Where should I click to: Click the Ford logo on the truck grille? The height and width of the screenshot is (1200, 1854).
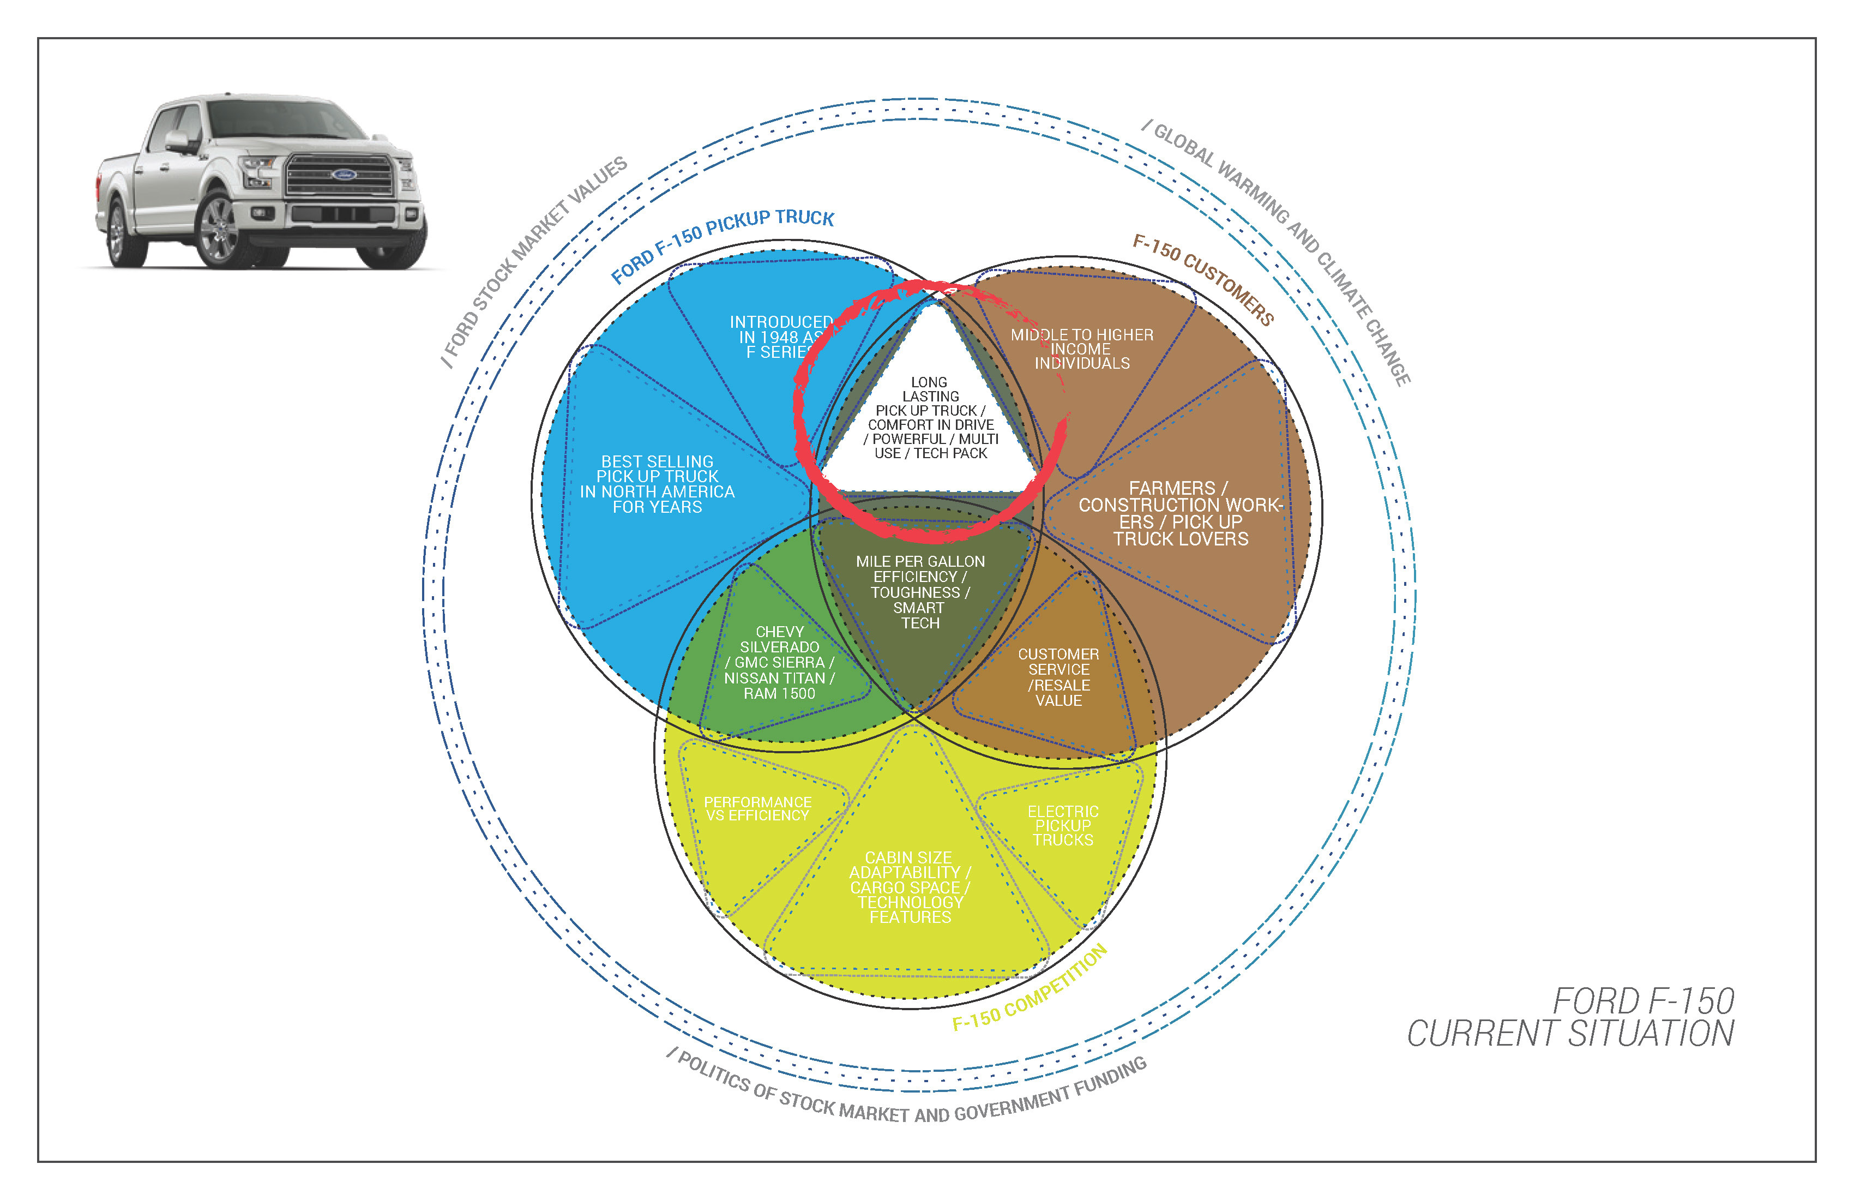[x=343, y=174]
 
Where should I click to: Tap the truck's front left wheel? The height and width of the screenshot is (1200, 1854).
[x=220, y=229]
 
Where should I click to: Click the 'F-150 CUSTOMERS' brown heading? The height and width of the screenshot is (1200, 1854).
[x=1203, y=279]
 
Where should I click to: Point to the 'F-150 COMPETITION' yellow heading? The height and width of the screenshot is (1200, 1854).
[x=1029, y=987]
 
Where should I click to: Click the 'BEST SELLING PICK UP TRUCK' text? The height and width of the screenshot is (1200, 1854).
[x=657, y=484]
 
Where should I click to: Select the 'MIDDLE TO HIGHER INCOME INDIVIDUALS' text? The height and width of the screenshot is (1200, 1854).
[x=1081, y=349]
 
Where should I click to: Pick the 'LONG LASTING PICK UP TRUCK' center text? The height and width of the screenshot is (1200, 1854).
[x=930, y=418]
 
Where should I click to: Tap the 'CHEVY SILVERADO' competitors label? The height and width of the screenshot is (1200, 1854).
[x=779, y=662]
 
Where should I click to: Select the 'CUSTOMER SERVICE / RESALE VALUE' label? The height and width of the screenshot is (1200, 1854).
[x=1058, y=676]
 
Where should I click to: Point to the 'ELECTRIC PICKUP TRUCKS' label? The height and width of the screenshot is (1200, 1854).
[x=1063, y=825]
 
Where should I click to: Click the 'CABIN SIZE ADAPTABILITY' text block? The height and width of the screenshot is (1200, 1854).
[x=909, y=887]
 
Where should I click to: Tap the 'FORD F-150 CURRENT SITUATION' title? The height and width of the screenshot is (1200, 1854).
[x=1570, y=1017]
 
